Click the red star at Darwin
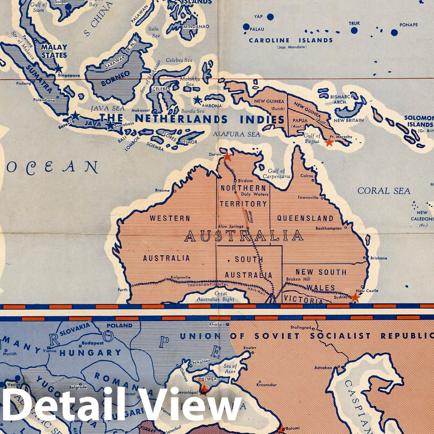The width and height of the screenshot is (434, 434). (x=227, y=156)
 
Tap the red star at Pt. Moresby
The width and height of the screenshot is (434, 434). (x=329, y=142)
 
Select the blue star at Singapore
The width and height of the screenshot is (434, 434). (x=59, y=69)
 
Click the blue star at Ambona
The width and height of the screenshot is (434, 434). (x=197, y=100)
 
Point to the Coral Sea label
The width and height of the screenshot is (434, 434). (x=384, y=191)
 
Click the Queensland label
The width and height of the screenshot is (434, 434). (x=305, y=218)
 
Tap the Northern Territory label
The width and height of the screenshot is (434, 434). (x=243, y=196)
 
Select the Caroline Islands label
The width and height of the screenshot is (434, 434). (x=291, y=41)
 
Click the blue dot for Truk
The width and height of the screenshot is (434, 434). (x=354, y=30)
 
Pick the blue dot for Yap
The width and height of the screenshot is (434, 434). (x=270, y=17)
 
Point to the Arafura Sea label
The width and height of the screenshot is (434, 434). (x=236, y=134)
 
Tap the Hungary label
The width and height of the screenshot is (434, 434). (x=90, y=353)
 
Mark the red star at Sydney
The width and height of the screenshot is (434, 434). (x=355, y=297)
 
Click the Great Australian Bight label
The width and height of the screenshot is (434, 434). (x=221, y=296)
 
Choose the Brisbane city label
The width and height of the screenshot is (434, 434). (x=379, y=258)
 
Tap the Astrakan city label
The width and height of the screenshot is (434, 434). (x=323, y=368)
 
